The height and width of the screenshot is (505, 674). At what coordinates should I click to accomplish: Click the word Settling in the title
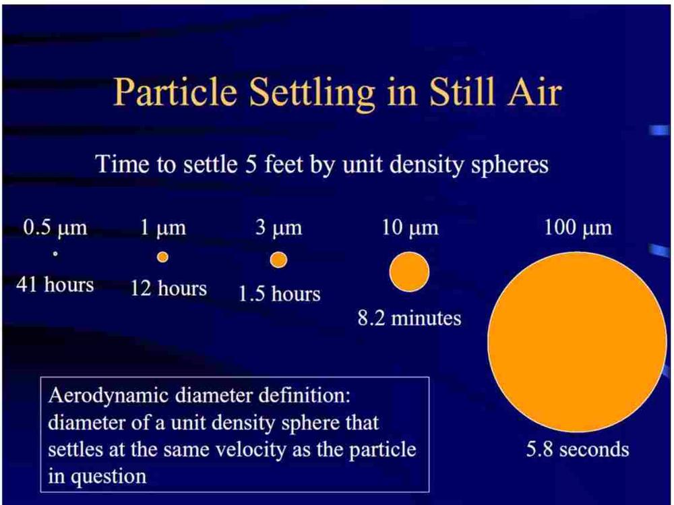[x=312, y=93]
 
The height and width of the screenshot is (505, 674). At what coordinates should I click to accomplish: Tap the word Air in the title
[x=534, y=92]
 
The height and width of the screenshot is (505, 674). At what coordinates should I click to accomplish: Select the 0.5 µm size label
[x=55, y=228]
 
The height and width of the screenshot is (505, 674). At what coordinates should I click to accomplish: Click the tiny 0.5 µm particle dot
[x=55, y=254]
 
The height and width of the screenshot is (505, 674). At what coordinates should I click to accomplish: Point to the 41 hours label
[x=55, y=285]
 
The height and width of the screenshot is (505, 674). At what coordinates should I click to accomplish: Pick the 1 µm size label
[x=163, y=228]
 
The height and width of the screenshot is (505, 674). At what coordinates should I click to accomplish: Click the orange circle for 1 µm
[x=162, y=257]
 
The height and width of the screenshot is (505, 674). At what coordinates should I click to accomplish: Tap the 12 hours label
[x=168, y=288]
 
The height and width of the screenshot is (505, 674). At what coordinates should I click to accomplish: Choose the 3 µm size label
[x=278, y=228]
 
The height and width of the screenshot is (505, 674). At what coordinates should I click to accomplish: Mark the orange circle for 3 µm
[x=278, y=260]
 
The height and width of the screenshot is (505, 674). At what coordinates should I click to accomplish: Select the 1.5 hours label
[x=280, y=294]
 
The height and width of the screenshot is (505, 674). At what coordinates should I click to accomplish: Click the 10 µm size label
[x=410, y=228]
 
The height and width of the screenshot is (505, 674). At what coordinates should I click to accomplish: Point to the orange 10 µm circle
[x=409, y=272]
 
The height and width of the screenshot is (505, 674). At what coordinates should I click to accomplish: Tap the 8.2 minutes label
[x=409, y=319]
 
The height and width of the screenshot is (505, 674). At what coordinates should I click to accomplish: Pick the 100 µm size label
[x=578, y=228]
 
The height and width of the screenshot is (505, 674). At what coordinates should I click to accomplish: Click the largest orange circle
[x=578, y=342]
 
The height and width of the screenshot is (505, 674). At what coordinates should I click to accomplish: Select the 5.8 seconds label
[x=578, y=450]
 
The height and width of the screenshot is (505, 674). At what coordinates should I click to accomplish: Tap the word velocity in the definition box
[x=250, y=450]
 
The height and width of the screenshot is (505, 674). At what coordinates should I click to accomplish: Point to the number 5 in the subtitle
[x=251, y=165]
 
